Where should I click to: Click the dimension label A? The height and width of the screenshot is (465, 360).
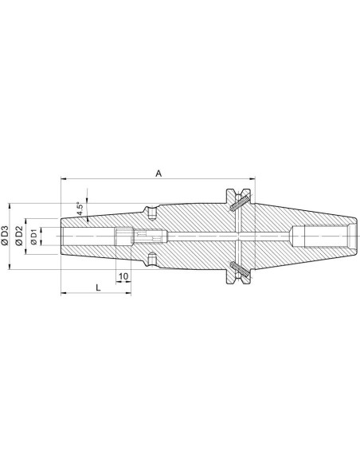pos(159,174)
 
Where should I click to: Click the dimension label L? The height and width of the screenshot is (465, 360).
pos(99,287)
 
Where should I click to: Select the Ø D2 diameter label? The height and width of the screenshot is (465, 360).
pos(19,236)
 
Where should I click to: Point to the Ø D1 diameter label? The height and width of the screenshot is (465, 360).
pos(33,236)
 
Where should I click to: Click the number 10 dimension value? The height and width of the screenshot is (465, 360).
pos(123,276)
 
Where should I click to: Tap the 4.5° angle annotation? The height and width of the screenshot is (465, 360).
pos(80,209)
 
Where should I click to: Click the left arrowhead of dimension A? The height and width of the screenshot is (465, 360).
pos(63,179)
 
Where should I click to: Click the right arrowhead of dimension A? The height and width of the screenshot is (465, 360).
pos(252,179)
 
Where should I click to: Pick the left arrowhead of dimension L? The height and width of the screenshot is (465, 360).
pos(63,293)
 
